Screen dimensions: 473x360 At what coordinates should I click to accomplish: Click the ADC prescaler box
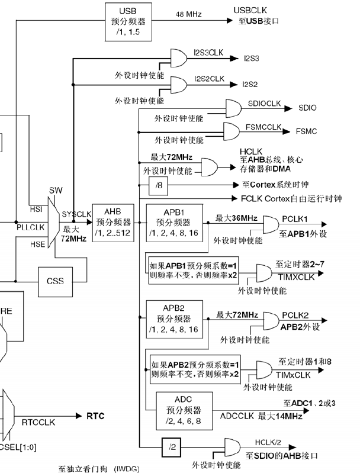point(180,408)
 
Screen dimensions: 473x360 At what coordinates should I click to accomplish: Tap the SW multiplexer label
point(55,190)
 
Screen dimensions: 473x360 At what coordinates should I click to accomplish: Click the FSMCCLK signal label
point(264,126)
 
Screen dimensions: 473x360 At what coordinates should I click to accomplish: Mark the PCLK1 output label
point(294,218)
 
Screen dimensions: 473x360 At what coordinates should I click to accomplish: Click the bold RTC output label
point(95,416)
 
